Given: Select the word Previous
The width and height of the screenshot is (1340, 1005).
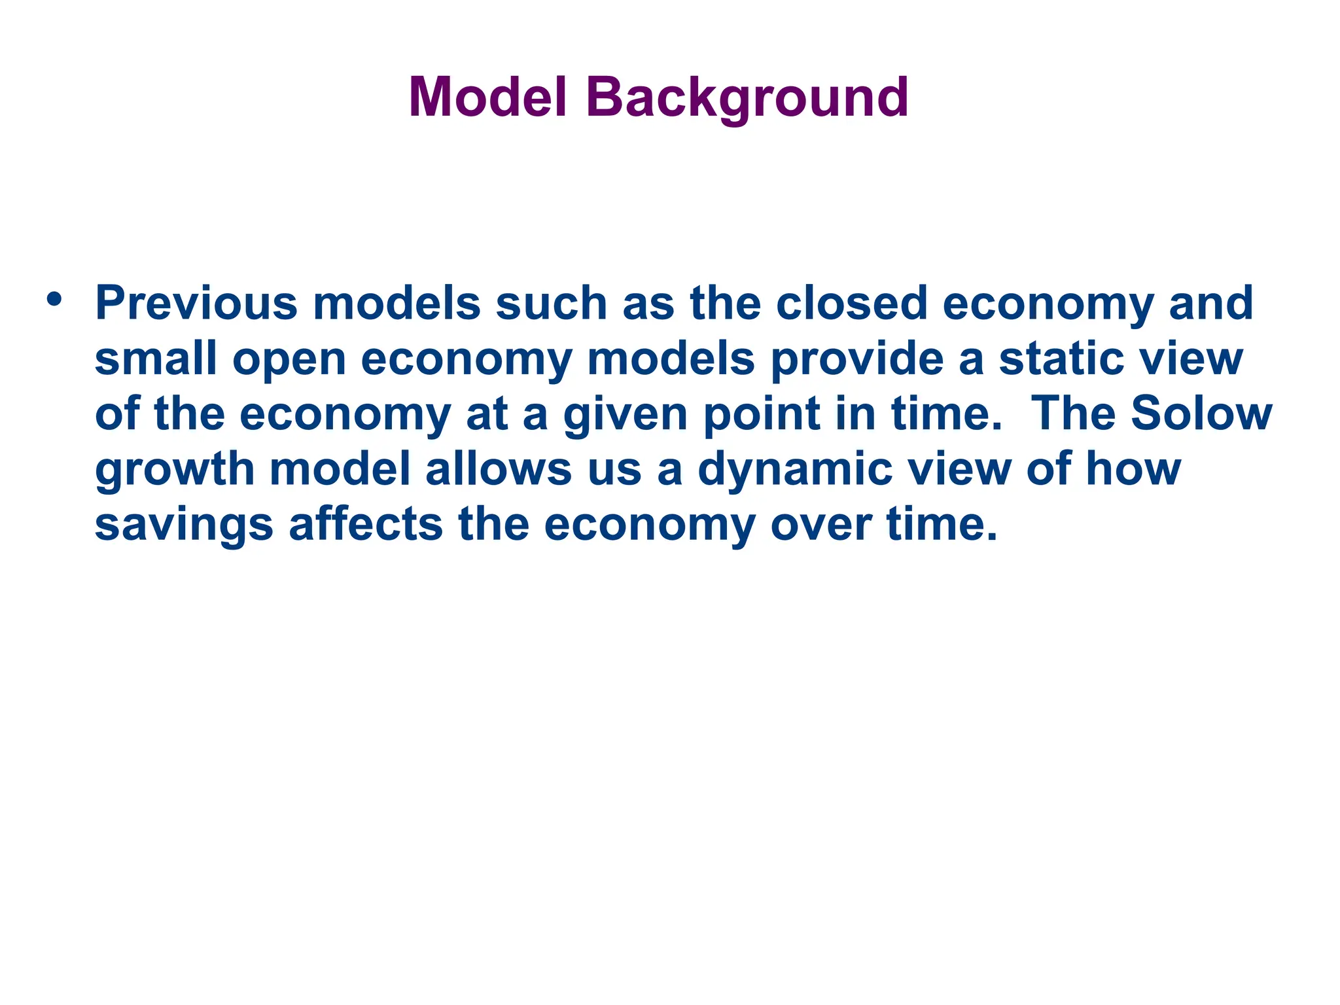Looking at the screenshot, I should click(196, 304).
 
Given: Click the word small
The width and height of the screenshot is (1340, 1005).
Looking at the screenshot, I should click(156, 359).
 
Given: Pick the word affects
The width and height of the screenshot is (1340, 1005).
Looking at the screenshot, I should click(366, 525).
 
